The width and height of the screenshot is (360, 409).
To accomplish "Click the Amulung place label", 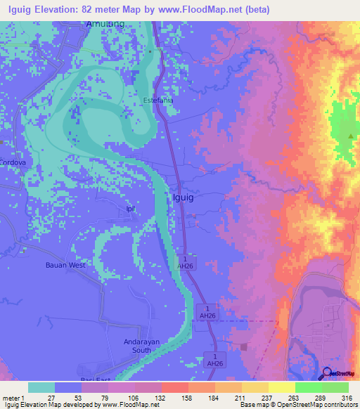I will (x=105, y=24).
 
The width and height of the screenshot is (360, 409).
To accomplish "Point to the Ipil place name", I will (x=129, y=209).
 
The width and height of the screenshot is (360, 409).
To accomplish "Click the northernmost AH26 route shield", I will (x=185, y=263).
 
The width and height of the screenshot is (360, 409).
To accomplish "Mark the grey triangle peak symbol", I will (x=350, y=135).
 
